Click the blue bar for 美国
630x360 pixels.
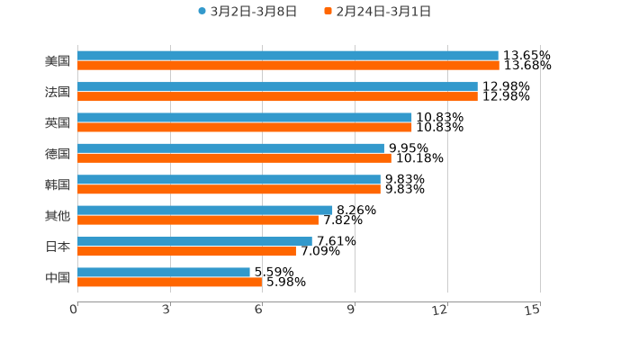288,56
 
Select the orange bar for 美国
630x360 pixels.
288,66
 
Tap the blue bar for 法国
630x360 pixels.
277,86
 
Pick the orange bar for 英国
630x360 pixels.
245,127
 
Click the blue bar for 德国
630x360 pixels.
230,148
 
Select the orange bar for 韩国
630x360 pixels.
229,189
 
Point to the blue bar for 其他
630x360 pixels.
205,211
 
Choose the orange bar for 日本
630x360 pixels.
186,251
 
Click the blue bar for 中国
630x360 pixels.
164,272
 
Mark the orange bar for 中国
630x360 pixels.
170,282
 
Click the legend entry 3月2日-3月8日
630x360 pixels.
247,12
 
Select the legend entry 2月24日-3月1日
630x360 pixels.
377,12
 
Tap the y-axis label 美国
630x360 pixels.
58,61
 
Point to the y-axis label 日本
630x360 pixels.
58,247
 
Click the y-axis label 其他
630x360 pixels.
58,215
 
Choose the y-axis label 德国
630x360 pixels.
58,154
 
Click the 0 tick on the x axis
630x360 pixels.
75,310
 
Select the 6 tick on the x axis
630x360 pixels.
259,310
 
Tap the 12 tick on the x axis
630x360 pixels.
440,310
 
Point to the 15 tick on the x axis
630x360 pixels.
533,310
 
